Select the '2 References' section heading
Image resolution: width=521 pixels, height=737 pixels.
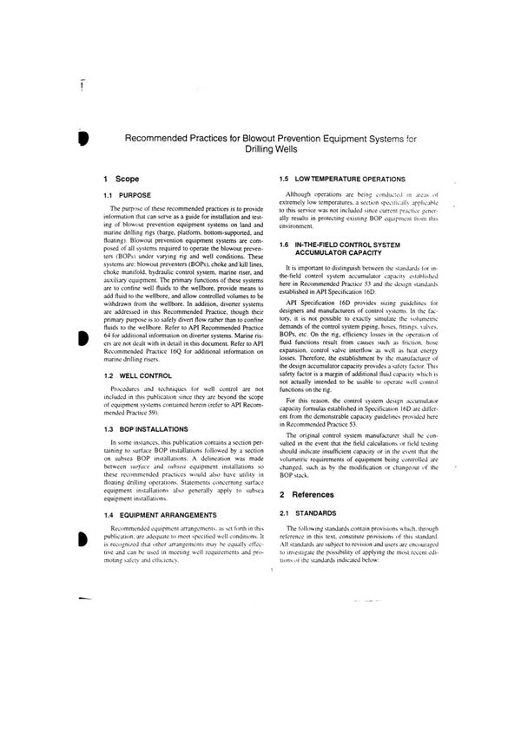313,469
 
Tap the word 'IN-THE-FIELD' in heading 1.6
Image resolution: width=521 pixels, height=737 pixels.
322,245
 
